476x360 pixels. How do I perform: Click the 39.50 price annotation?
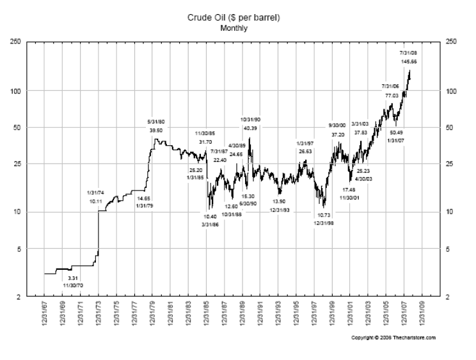click(x=156, y=130)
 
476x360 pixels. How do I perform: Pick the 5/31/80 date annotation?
click(x=156, y=121)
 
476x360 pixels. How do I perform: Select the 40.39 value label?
click(x=250, y=129)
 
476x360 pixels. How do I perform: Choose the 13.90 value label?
click(x=280, y=201)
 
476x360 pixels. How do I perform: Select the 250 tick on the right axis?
click(x=452, y=42)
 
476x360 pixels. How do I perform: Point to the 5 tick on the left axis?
click(x=19, y=249)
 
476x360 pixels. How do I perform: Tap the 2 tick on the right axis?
click(x=448, y=297)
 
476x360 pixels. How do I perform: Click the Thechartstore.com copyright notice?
click(x=393, y=337)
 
